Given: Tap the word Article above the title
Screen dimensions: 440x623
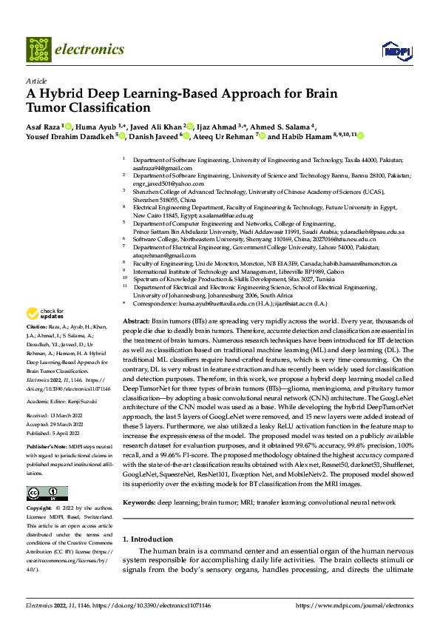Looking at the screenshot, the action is tap(35, 81).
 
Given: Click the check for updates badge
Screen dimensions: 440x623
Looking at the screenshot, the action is tap(44, 334).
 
